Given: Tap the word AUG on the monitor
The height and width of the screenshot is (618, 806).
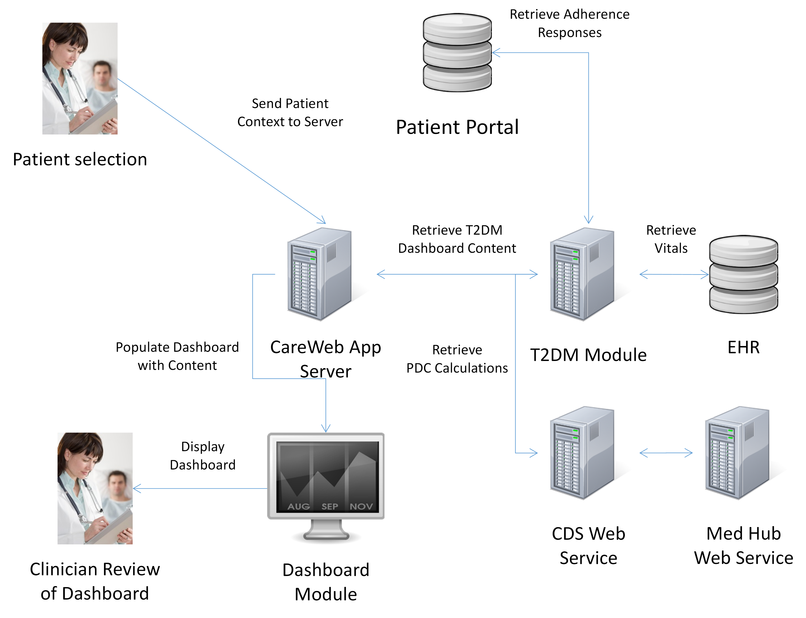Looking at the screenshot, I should [298, 507].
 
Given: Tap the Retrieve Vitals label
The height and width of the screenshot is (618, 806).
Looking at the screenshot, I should [671, 239].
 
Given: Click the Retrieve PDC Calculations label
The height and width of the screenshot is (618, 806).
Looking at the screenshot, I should [457, 359].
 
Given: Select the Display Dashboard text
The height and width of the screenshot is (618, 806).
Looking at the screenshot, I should [203, 456].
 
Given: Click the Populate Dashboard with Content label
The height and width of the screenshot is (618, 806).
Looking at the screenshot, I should [177, 356].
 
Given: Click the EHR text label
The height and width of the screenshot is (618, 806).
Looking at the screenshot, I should [744, 347].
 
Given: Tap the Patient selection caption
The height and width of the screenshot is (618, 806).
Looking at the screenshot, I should [80, 159].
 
